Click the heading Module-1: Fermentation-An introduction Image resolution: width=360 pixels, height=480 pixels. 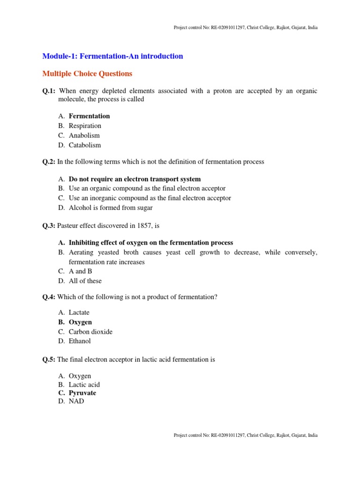tap(112, 56)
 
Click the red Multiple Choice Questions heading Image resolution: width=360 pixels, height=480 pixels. tap(87, 74)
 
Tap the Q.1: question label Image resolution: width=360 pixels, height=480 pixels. tap(49, 91)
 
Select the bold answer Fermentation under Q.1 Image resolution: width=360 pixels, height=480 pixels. tap(89, 116)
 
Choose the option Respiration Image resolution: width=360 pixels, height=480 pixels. tap(85, 126)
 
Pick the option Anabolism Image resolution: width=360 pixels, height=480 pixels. tap(84, 135)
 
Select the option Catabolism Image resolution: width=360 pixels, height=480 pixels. tap(85, 145)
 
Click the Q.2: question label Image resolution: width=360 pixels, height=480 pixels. tap(49, 162)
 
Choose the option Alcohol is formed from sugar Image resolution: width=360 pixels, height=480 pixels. tap(111, 208)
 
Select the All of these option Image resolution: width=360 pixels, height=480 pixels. tap(85, 281)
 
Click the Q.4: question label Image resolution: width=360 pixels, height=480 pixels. tap(49, 297)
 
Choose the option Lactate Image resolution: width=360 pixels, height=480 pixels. tap(79, 312)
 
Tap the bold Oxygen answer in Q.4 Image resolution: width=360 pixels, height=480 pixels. tap(80, 322)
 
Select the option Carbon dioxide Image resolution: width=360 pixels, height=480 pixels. tap(90, 332)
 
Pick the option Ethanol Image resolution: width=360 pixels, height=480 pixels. tap(80, 341)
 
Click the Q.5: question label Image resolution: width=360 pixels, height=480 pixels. tap(49, 360)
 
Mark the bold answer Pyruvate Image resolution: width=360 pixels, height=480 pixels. tap(82, 393)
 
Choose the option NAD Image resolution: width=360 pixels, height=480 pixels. tap(76, 401)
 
